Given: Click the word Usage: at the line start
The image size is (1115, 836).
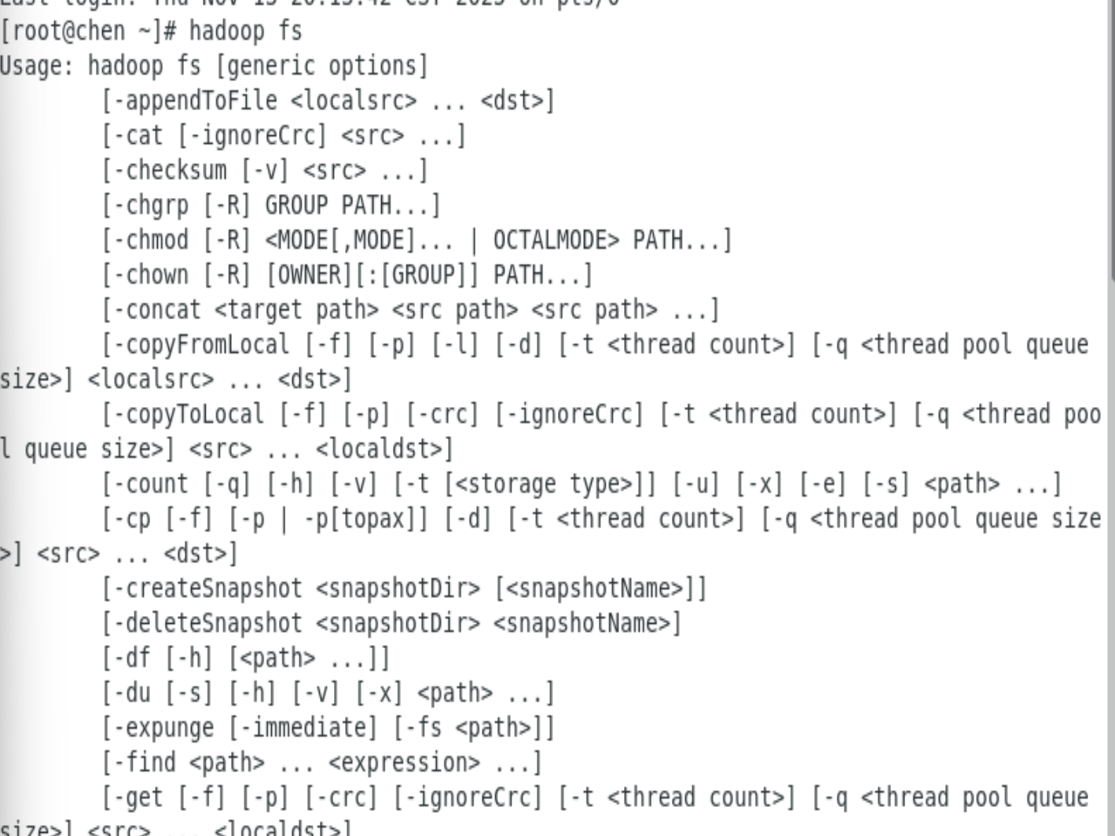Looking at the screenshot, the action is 37,66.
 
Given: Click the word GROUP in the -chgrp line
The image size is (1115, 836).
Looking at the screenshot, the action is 296,205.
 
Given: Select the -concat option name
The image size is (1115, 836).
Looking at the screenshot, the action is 157,310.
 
